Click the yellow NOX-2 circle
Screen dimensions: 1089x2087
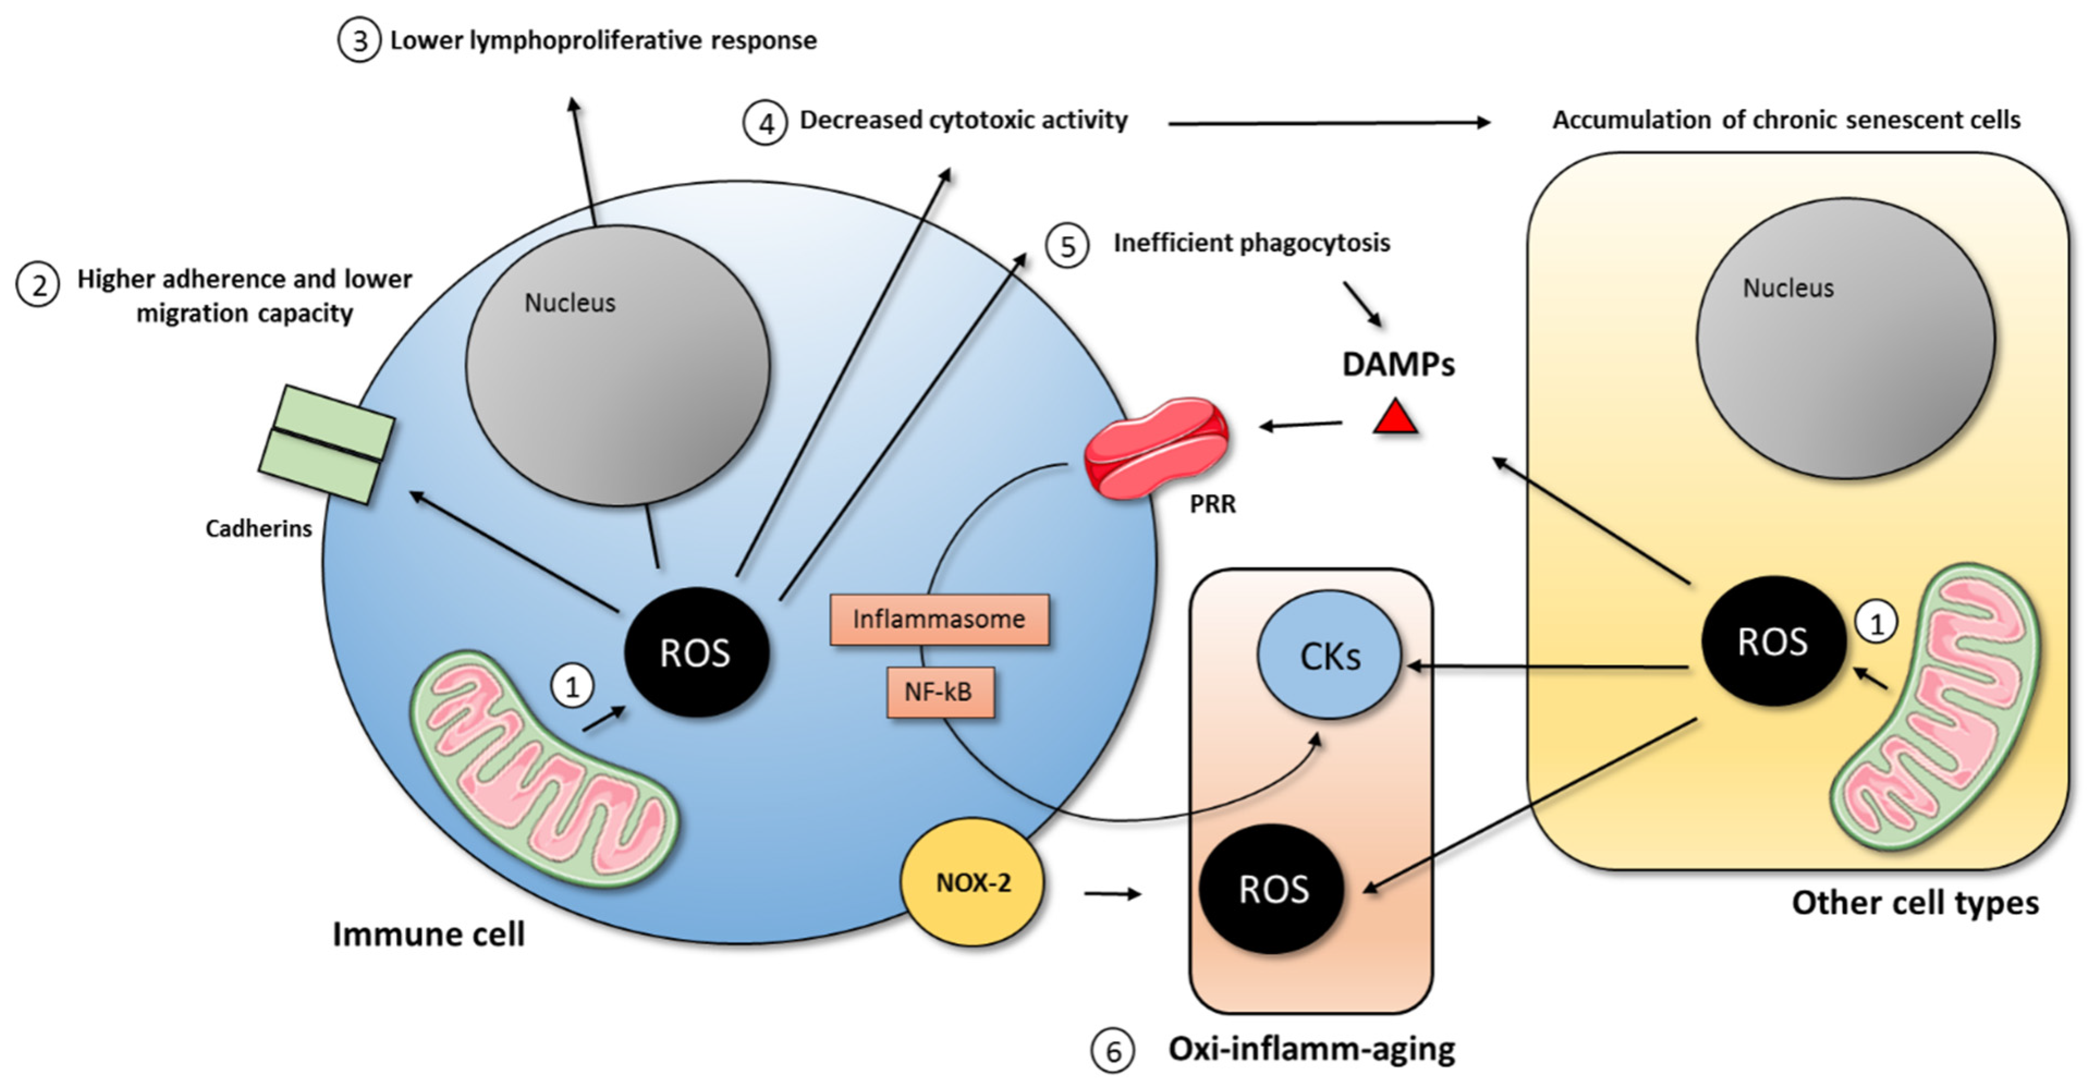click(972, 882)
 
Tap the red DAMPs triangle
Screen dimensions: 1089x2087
click(1395, 419)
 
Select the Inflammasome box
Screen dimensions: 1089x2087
click(939, 620)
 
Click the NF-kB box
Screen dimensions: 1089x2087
click(939, 692)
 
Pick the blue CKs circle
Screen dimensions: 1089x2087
click(1329, 655)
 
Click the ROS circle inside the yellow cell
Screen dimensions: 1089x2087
click(1773, 642)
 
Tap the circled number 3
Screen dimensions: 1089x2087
click(359, 40)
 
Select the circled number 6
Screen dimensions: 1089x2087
click(1112, 1051)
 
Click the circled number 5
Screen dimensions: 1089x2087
click(1068, 246)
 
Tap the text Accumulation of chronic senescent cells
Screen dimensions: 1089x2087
click(1785, 120)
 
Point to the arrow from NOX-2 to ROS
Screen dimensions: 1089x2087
click(1111, 894)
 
